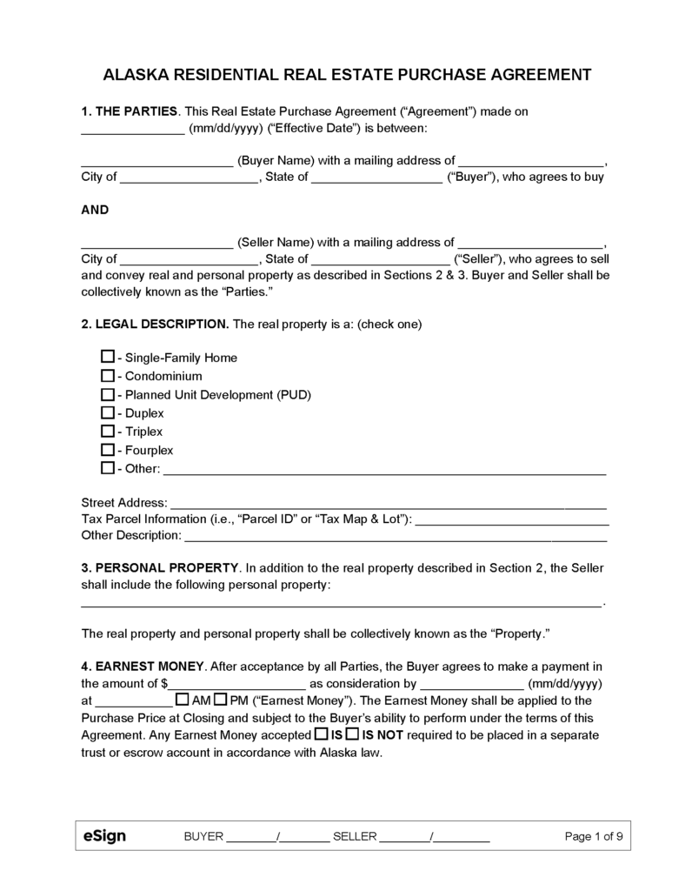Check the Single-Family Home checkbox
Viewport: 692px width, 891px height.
108,357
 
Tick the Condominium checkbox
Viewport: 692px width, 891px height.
108,376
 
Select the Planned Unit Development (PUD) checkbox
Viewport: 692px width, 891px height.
108,394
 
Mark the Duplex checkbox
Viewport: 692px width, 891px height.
108,412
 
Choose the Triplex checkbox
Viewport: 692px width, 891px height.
108,431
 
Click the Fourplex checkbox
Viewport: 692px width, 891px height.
108,450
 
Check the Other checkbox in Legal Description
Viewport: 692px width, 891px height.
108,468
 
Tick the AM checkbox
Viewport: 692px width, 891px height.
183,700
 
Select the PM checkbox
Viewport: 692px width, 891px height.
221,700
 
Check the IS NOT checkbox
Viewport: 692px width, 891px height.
352,734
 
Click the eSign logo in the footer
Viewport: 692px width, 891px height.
104,836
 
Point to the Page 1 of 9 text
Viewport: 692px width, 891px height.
593,837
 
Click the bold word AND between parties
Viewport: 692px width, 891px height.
95,210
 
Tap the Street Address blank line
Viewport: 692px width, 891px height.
388,505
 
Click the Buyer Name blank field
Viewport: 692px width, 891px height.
156,162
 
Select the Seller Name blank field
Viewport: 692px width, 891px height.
156,245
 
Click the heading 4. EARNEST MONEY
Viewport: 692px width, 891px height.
143,666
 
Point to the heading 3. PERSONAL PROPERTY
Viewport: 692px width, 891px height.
159,567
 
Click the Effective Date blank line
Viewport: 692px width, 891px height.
131,131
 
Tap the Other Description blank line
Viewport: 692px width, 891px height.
395,537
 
